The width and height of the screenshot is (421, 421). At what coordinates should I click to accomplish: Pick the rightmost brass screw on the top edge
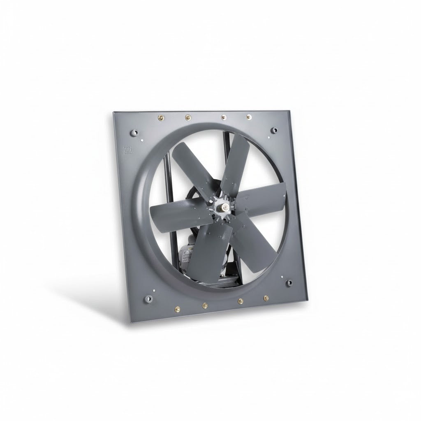(x=249, y=117)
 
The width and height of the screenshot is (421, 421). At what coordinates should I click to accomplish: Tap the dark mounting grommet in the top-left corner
(x=135, y=133)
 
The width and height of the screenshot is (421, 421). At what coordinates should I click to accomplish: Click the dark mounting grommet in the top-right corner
(x=275, y=130)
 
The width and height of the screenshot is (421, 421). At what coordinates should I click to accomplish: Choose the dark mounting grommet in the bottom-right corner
(x=290, y=283)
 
